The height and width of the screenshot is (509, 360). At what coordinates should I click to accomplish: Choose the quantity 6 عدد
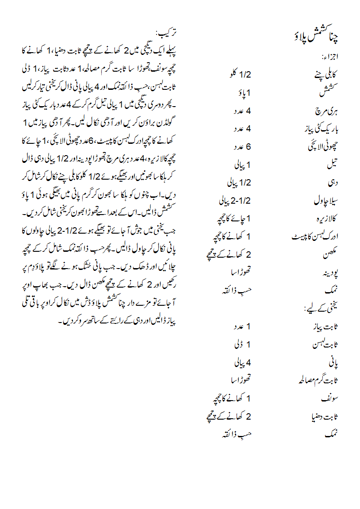[242, 147]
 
